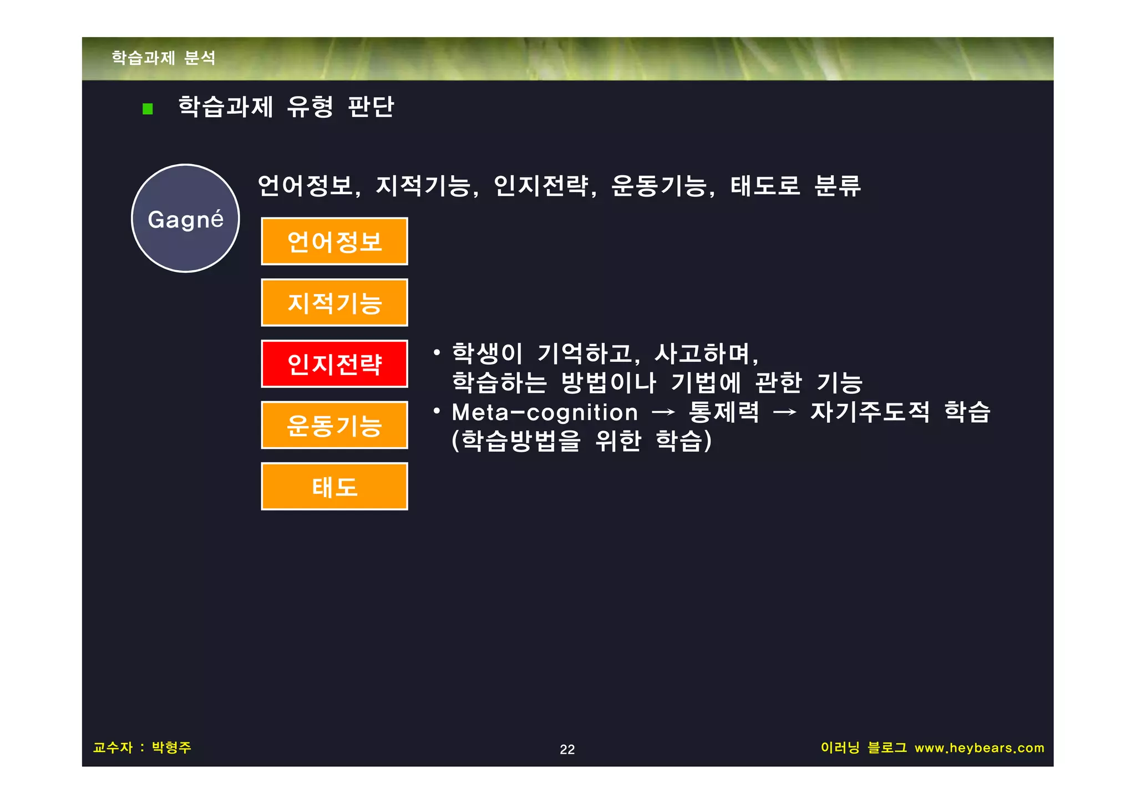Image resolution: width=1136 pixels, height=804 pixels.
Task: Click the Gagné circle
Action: [x=185, y=218]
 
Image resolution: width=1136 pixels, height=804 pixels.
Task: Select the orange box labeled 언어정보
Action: [x=334, y=241]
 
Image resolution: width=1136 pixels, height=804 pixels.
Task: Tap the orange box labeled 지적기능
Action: [x=334, y=303]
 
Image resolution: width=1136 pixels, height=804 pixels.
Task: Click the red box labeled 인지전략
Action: [x=334, y=364]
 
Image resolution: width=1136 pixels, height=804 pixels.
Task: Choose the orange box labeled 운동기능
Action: [x=334, y=426]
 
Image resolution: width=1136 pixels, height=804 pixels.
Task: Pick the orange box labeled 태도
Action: [x=334, y=487]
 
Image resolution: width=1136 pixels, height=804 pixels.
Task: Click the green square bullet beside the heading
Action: [x=148, y=108]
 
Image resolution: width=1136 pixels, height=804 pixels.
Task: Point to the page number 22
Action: [x=567, y=749]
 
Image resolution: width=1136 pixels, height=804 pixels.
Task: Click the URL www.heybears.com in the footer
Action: [x=979, y=748]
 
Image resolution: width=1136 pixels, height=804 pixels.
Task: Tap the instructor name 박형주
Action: [x=171, y=747]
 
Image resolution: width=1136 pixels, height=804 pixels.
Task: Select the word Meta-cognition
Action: [x=545, y=412]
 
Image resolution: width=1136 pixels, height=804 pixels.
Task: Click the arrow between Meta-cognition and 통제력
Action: [x=663, y=412]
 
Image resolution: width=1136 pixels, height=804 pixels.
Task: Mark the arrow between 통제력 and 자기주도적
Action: [x=785, y=412]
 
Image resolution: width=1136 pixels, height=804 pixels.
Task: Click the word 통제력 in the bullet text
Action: [x=724, y=412]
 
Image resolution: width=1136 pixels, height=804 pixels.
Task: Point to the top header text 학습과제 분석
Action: [x=164, y=58]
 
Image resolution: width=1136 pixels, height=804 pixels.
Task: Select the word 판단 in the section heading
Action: [x=371, y=106]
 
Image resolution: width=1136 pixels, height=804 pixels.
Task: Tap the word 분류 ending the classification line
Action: [x=837, y=185]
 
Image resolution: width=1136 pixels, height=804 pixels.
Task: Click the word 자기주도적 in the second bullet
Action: [x=870, y=412]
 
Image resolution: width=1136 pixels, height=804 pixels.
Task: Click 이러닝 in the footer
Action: [x=840, y=747]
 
